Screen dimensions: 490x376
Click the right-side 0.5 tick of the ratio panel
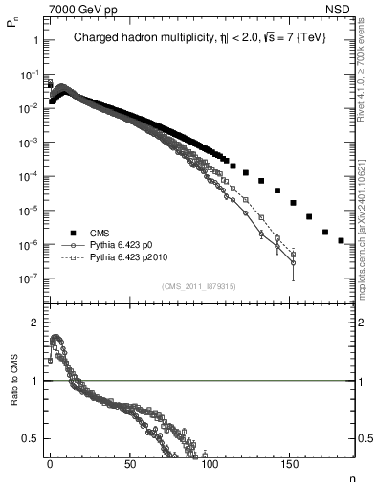364,438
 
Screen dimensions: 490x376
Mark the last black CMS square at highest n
342,240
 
